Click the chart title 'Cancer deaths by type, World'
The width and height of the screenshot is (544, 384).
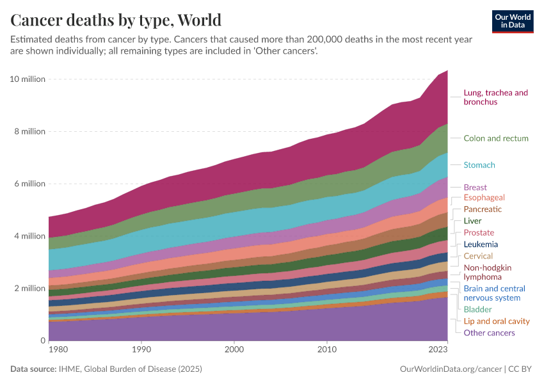(x=116, y=19)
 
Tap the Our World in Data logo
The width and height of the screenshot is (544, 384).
(x=512, y=21)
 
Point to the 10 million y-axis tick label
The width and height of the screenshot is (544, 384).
(x=27, y=79)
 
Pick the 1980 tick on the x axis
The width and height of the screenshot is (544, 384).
(x=58, y=350)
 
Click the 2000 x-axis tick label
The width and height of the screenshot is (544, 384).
(x=234, y=350)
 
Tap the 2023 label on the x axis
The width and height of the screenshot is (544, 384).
(x=438, y=350)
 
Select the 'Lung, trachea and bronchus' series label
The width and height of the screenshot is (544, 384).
(x=495, y=97)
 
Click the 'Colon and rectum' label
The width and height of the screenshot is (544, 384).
(x=496, y=138)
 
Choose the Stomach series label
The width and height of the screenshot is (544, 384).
(x=479, y=165)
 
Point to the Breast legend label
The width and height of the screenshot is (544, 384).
(x=475, y=188)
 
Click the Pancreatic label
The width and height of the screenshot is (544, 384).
(x=483, y=209)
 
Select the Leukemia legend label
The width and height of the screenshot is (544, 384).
(x=481, y=244)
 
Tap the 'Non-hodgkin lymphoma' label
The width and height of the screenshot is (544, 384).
(x=487, y=272)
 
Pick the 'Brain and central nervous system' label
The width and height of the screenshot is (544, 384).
(x=494, y=293)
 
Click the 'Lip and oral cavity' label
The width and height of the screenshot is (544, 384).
(x=497, y=321)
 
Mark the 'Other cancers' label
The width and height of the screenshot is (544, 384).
(x=489, y=333)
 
